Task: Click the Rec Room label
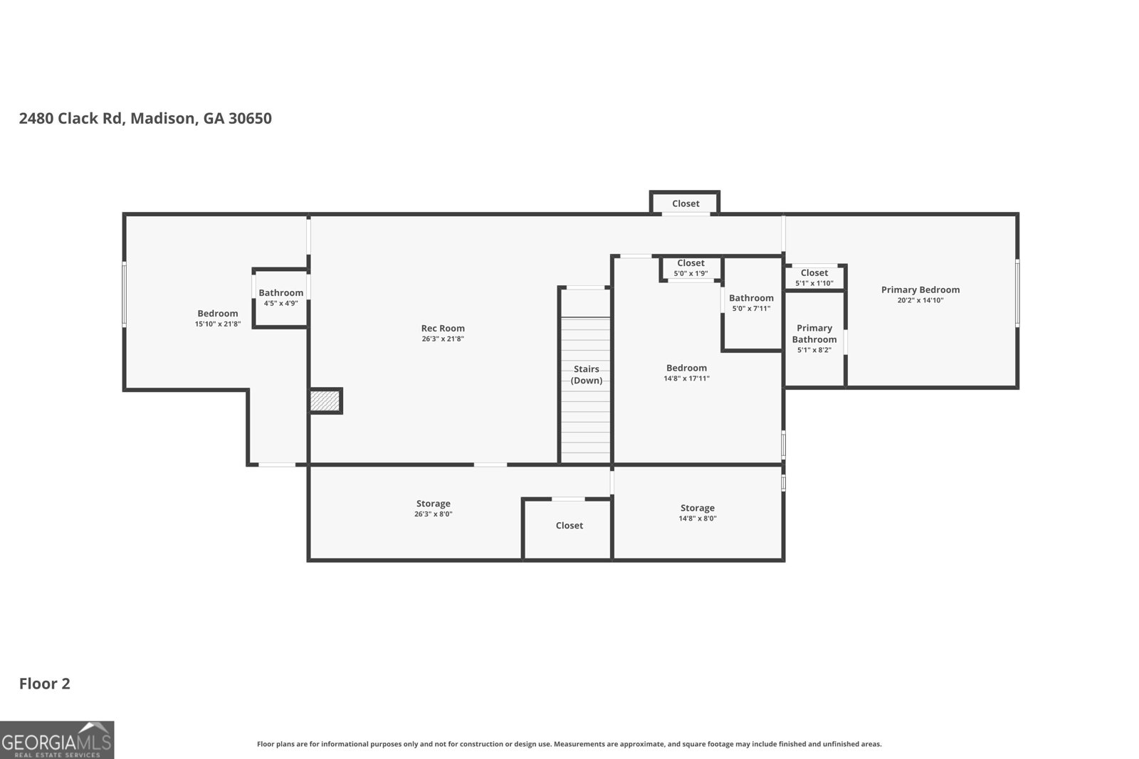(443, 328)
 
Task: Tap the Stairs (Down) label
(587, 374)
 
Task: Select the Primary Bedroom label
(920, 290)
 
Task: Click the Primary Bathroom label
(814, 334)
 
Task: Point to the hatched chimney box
(325, 400)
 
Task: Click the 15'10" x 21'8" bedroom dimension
(218, 324)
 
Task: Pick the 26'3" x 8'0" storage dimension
(433, 514)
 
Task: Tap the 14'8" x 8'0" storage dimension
(697, 519)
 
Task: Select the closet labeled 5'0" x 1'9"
(691, 268)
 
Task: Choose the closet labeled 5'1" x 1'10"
(814, 277)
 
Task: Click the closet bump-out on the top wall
(685, 203)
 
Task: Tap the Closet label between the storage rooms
(569, 526)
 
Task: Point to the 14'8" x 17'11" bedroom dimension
(686, 378)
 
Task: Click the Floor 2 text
(44, 684)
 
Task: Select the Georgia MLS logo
(57, 740)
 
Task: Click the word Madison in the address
(162, 118)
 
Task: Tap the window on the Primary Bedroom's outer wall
(1017, 293)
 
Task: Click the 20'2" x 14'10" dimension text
(920, 300)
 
